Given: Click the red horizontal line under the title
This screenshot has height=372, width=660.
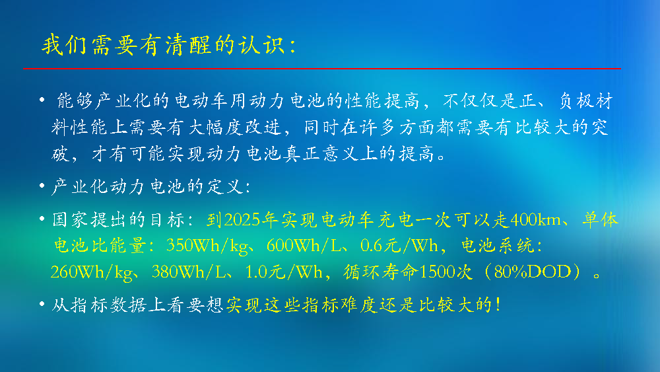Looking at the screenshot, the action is [x=322, y=68].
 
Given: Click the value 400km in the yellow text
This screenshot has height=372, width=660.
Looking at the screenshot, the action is [x=535, y=220].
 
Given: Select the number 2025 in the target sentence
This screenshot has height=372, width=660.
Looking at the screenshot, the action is [x=242, y=220].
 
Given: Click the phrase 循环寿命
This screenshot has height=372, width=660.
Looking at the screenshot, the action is [x=381, y=272].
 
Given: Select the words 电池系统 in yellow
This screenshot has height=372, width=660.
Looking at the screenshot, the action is [x=498, y=246].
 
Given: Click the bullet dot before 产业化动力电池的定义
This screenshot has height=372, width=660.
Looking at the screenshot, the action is [x=42, y=186].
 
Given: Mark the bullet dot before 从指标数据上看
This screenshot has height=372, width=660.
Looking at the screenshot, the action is [x=42, y=304].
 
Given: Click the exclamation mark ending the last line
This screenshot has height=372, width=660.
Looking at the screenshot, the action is [x=498, y=305].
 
